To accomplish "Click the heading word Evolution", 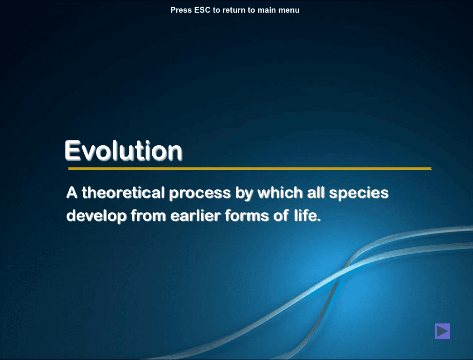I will coord(123,150).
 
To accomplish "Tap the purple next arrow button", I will coord(442,331).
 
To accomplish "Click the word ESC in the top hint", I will coord(202,10).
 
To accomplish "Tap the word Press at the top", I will coord(181,10).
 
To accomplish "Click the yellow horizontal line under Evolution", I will coord(249,168).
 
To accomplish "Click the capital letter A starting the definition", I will coord(71,193).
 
